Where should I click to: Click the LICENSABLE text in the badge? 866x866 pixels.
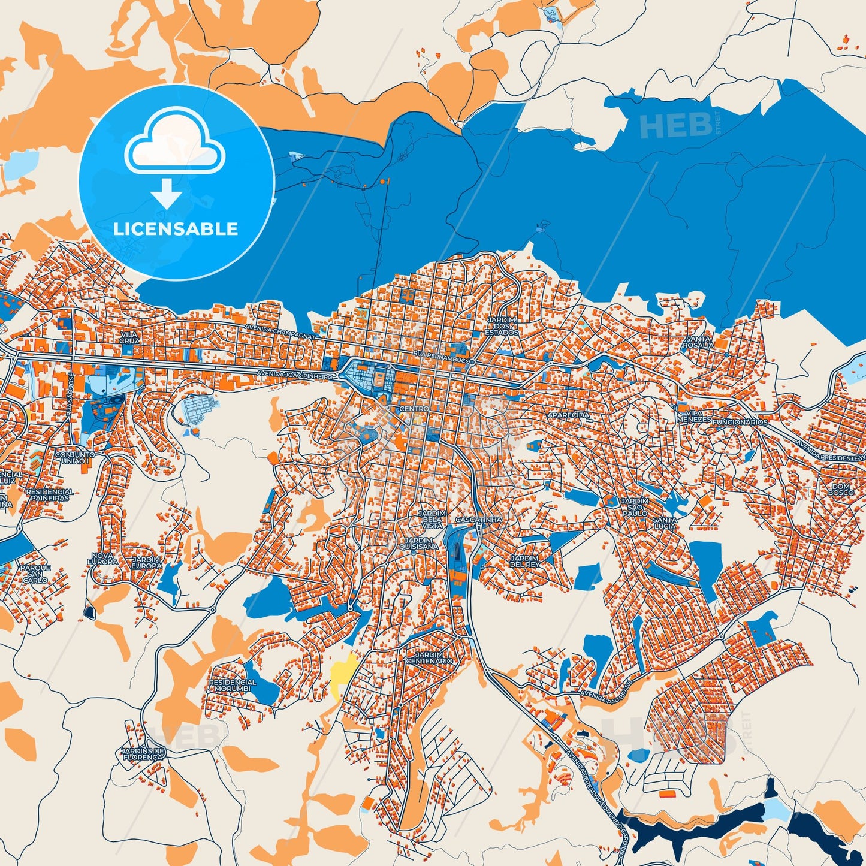click(x=176, y=229)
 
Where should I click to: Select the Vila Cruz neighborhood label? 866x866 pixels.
click(x=129, y=337)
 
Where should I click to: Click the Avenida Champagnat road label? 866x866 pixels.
click(x=279, y=333)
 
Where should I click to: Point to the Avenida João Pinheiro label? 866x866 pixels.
click(x=294, y=375)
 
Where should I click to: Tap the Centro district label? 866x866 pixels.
click(x=414, y=408)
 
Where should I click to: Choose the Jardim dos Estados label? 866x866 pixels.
click(x=502, y=327)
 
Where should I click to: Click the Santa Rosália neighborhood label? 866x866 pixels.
click(x=698, y=342)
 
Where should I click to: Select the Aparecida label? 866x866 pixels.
click(x=568, y=415)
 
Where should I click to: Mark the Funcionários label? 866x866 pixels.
click(x=740, y=422)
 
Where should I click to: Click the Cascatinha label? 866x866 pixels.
click(x=478, y=520)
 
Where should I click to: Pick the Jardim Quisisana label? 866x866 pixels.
click(x=418, y=543)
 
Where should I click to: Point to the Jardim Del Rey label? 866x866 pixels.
click(x=524, y=561)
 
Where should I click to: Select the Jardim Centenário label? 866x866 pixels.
click(x=429, y=657)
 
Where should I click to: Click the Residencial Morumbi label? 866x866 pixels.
click(x=232, y=685)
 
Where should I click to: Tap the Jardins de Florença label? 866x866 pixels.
click(x=143, y=754)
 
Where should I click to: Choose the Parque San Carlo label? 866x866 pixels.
click(x=35, y=574)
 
